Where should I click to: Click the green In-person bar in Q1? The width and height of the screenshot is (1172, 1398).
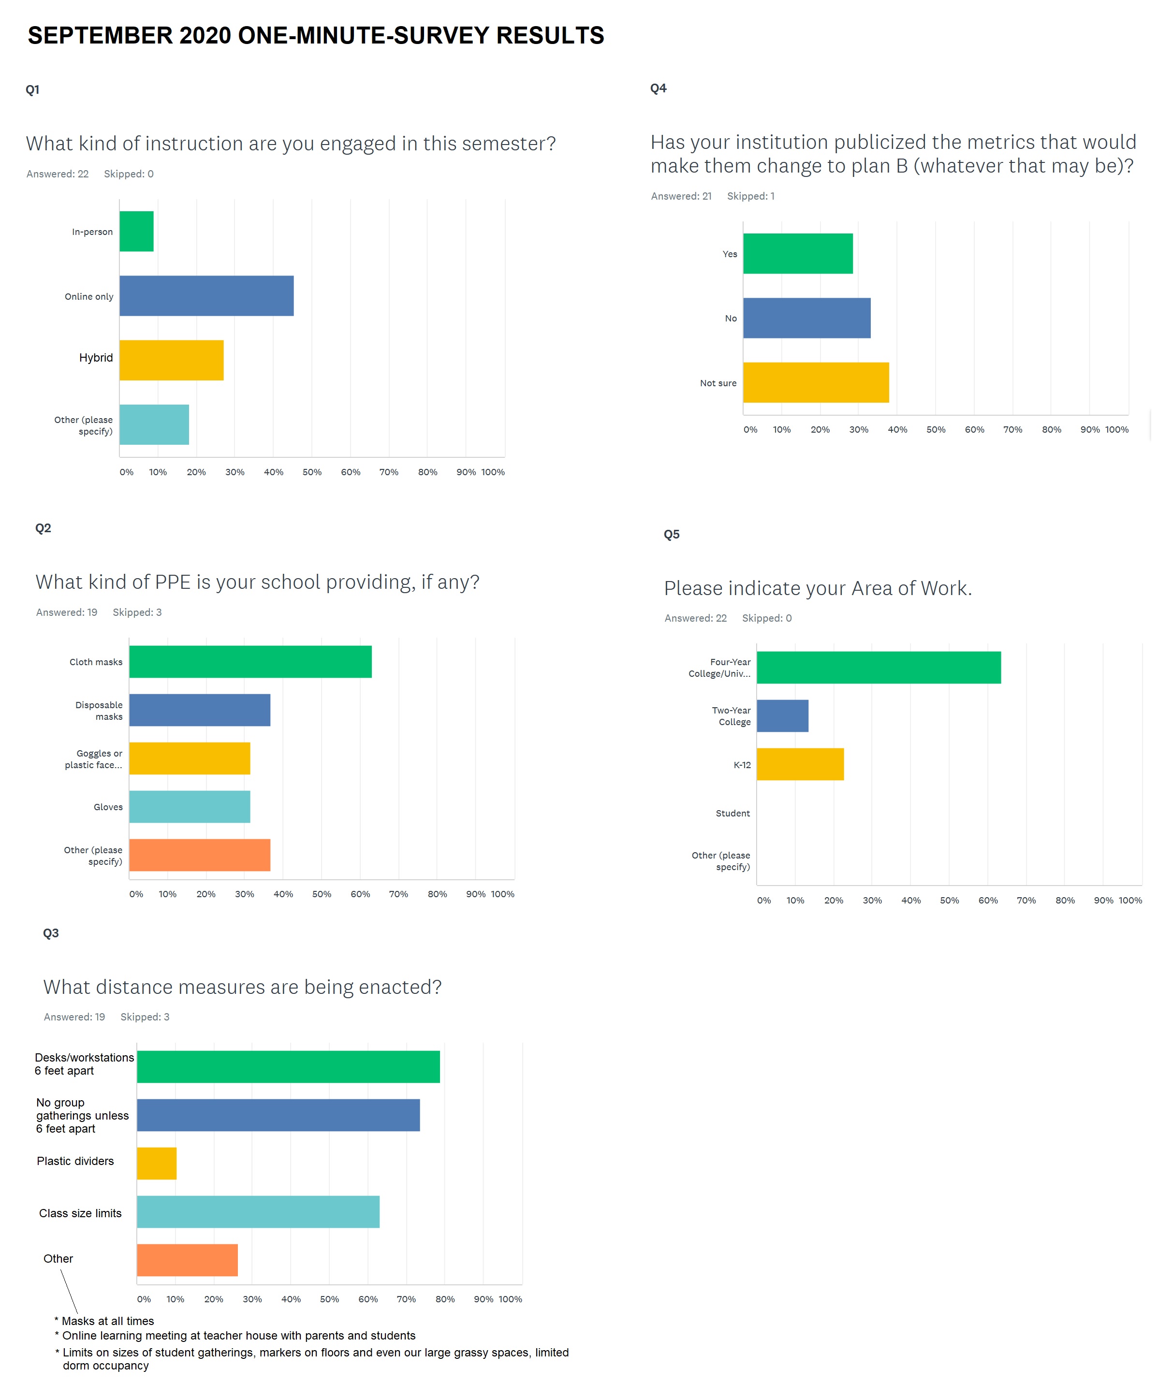[136, 231]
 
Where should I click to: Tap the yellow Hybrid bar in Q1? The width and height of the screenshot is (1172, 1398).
[171, 360]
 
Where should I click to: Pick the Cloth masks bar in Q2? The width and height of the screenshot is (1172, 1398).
[250, 662]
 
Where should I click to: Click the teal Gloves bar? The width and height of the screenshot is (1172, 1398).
[190, 807]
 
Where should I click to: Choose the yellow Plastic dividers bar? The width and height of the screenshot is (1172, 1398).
[157, 1164]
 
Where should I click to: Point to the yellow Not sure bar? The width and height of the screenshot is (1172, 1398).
[816, 383]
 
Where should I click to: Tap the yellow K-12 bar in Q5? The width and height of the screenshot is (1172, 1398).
[800, 764]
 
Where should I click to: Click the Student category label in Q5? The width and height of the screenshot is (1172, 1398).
[732, 814]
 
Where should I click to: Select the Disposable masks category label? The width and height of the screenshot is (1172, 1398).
[99, 711]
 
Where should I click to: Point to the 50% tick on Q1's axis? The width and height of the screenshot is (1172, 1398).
[312, 472]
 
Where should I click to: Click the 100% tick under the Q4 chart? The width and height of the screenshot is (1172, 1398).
[1117, 429]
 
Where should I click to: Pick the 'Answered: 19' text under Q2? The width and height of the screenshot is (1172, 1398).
[67, 612]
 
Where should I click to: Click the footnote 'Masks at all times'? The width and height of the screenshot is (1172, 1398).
[107, 1322]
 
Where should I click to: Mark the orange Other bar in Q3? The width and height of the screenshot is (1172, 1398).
[187, 1260]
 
